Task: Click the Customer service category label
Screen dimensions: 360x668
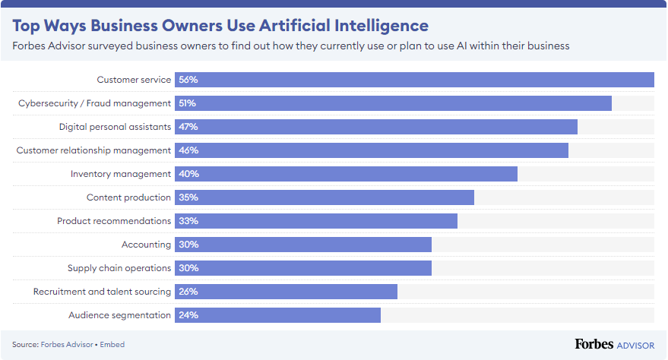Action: pos(134,80)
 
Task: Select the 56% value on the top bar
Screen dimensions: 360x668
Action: pos(188,80)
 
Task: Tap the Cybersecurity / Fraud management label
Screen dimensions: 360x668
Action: pos(94,103)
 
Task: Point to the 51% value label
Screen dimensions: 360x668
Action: pos(187,103)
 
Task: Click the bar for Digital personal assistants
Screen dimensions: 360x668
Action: pos(376,127)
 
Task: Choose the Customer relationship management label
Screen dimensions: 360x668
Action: pos(93,150)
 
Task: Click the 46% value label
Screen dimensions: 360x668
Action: pos(188,150)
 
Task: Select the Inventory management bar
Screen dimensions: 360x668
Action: pos(346,174)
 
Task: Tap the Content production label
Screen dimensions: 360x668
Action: pos(128,197)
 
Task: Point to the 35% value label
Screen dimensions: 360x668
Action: pos(188,197)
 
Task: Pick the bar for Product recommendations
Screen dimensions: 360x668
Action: pos(316,221)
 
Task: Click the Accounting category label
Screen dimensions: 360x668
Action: pos(146,245)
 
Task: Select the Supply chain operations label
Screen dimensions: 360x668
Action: pos(119,268)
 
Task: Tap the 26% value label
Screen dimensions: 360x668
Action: pos(188,292)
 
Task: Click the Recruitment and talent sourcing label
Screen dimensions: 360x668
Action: pos(102,292)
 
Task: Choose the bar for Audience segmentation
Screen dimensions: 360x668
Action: pos(277,315)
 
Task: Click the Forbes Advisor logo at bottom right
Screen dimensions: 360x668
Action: pos(614,345)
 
